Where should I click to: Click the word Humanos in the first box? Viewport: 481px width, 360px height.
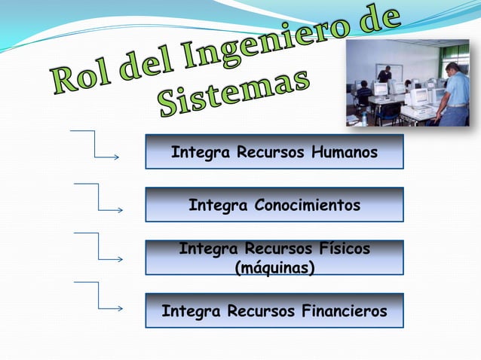[345, 152]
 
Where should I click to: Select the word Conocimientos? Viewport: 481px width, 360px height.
[308, 205]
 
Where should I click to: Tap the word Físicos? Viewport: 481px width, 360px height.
[345, 249]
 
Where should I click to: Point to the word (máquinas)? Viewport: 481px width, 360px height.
[275, 268]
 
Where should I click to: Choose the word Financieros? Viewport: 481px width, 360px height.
[345, 311]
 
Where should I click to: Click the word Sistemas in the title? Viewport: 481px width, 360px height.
[234, 93]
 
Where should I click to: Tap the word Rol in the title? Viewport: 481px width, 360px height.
[82, 78]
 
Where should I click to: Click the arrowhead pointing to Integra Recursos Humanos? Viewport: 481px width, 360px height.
[117, 157]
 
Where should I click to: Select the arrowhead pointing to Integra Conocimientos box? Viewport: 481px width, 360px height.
[121, 210]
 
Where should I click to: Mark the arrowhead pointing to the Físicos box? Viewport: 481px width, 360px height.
[121, 260]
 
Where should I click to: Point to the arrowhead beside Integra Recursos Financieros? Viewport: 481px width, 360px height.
[121, 309]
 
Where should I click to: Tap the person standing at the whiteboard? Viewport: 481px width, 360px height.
[384, 75]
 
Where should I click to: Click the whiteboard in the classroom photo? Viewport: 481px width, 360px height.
[389, 73]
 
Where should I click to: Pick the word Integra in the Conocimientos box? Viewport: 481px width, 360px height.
[218, 206]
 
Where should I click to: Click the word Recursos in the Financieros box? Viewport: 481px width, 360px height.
[261, 311]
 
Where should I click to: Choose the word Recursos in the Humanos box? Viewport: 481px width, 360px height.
[270, 152]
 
